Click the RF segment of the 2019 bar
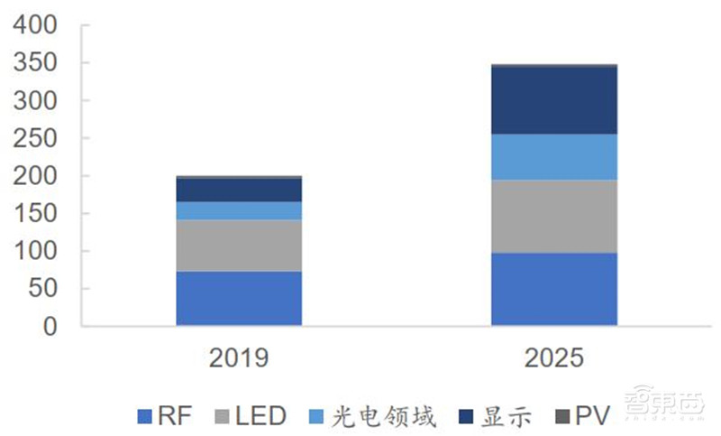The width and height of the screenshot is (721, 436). tap(239, 298)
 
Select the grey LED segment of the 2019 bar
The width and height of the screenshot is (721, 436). tap(239, 246)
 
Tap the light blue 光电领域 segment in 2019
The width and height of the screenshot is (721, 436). tap(239, 210)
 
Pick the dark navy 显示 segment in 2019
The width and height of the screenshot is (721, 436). tap(239, 190)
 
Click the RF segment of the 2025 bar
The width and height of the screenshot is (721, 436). tap(553, 289)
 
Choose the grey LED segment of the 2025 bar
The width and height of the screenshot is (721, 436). tap(553, 216)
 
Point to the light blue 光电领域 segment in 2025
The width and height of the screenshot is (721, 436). tap(553, 157)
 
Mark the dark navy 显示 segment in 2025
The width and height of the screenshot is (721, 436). tap(553, 100)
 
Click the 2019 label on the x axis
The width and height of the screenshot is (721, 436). tap(239, 358)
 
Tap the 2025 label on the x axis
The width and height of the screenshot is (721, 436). tap(553, 358)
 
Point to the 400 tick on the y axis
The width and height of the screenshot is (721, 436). tap(38, 25)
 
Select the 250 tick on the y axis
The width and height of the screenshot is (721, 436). tap(38, 138)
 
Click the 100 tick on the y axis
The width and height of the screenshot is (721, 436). tap(38, 251)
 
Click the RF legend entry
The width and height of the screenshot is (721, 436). tap(160, 416)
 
